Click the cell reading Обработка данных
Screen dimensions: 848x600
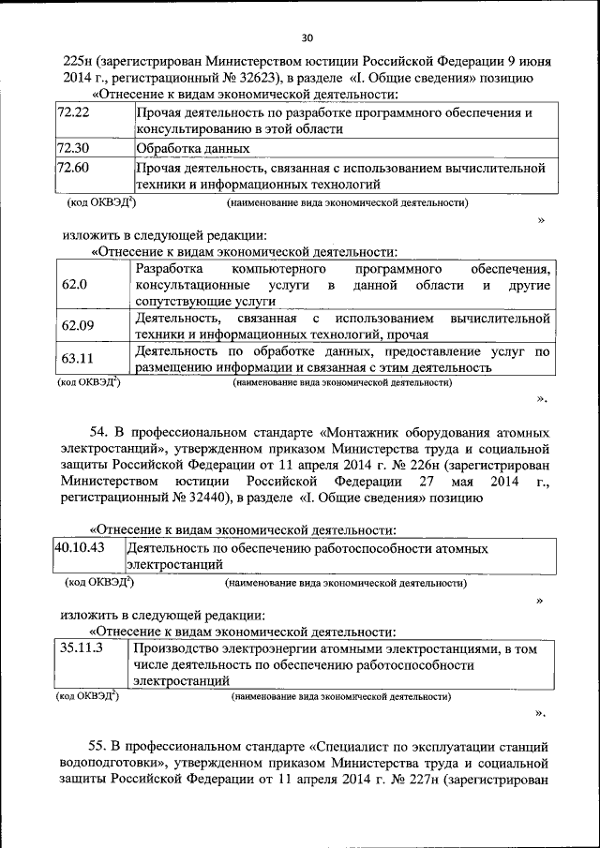click(193, 148)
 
